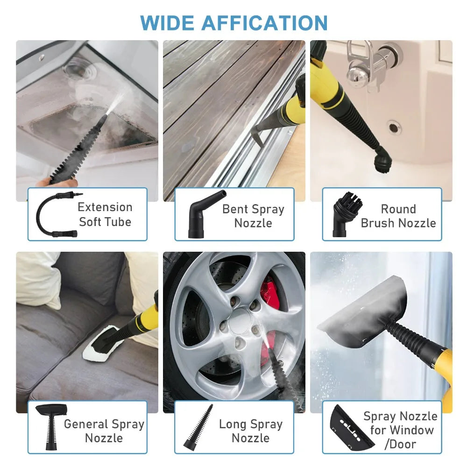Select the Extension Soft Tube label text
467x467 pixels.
pyautogui.click(x=105, y=214)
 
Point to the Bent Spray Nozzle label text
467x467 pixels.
pyautogui.click(x=253, y=216)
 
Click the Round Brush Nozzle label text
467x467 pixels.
pyautogui.click(x=398, y=216)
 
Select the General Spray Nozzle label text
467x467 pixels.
pyautogui.click(x=104, y=431)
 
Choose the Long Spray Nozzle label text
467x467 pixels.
pyautogui.click(x=251, y=431)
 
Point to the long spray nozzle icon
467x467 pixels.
pyautogui.click(x=200, y=426)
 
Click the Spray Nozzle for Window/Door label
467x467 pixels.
pyautogui.click(x=400, y=430)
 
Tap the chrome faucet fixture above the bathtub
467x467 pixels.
pyautogui.click(x=369, y=68)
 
